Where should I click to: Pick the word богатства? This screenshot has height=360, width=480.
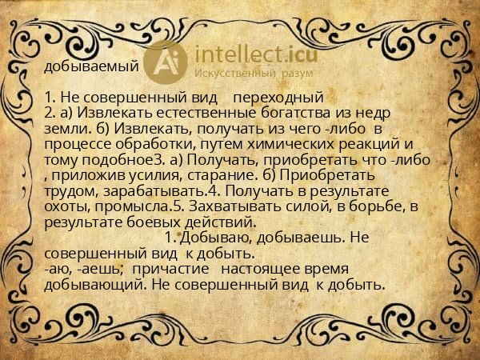point(281,114)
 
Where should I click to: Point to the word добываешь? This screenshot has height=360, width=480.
point(303,238)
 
